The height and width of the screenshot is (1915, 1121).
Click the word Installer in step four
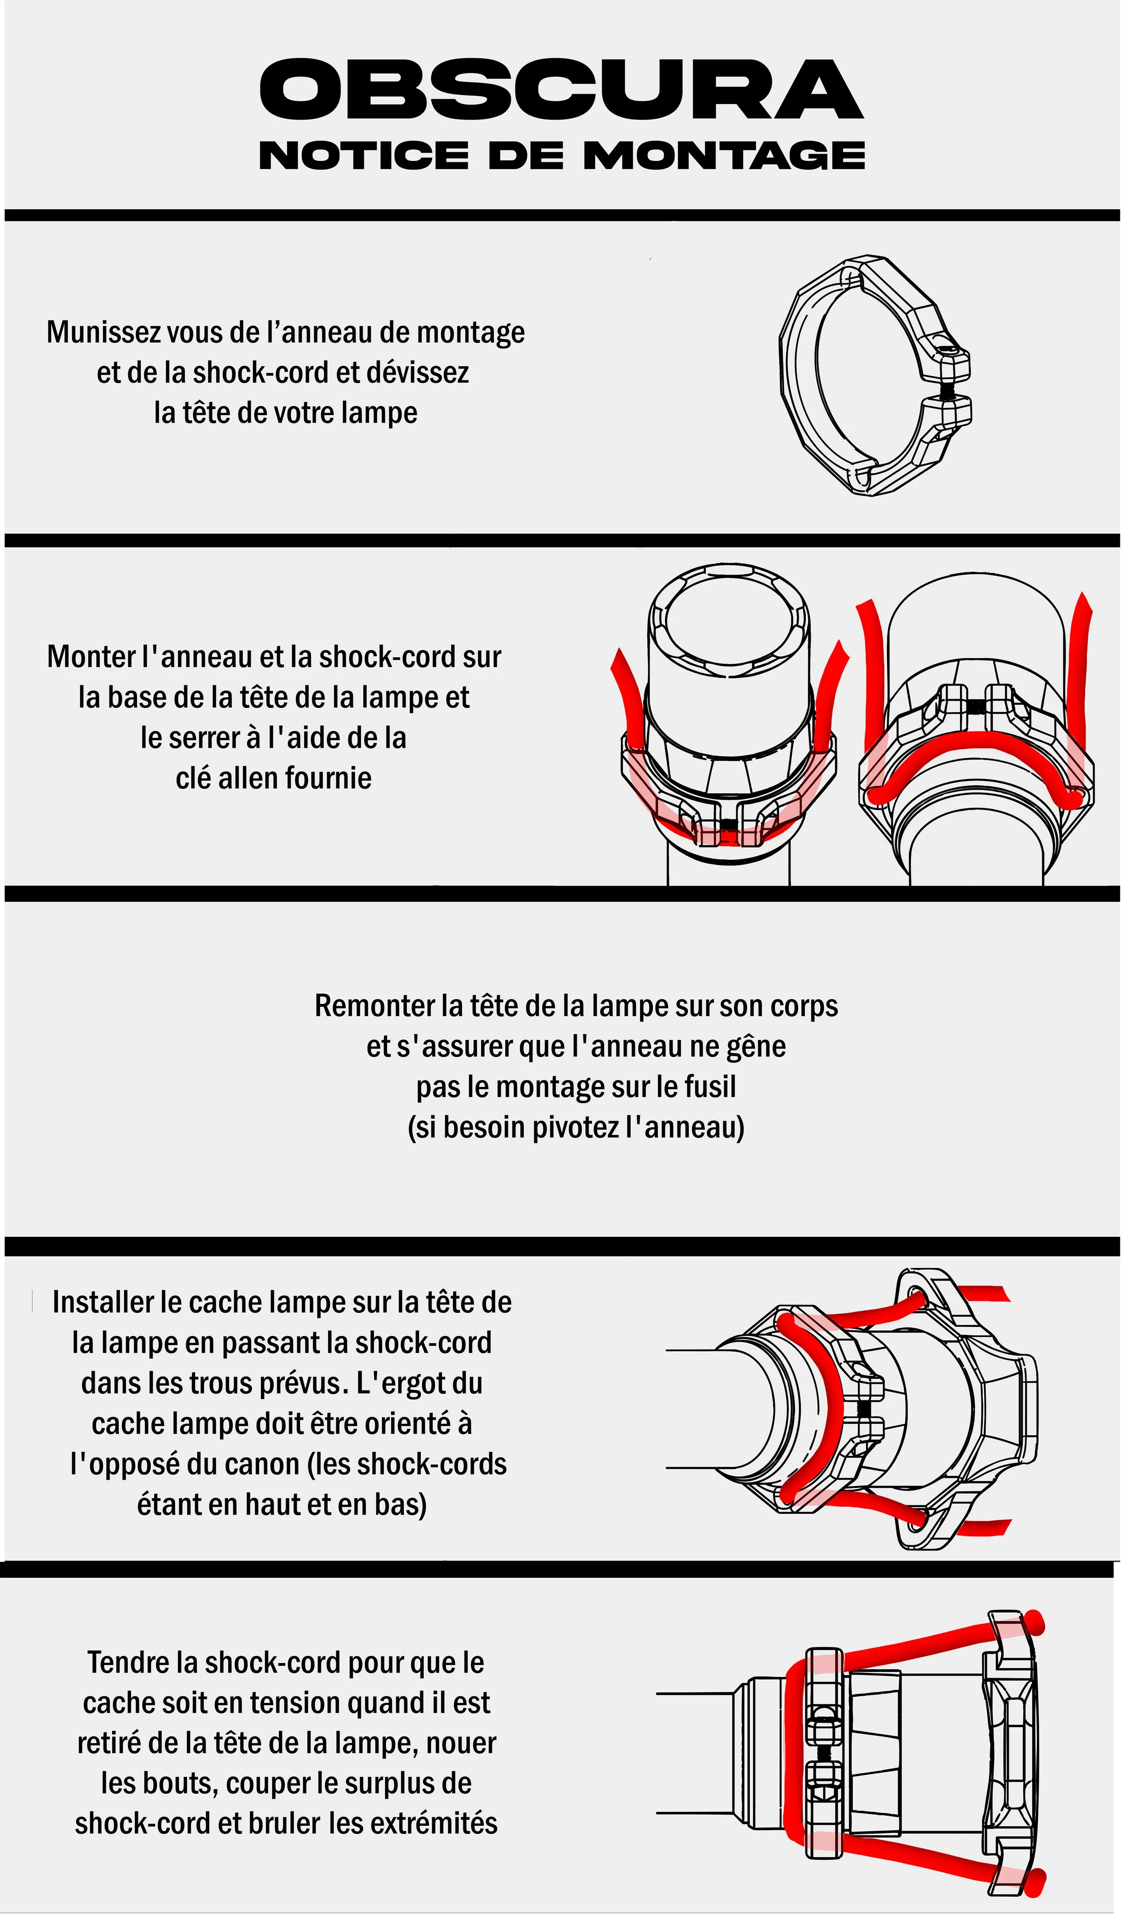[104, 1303]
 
